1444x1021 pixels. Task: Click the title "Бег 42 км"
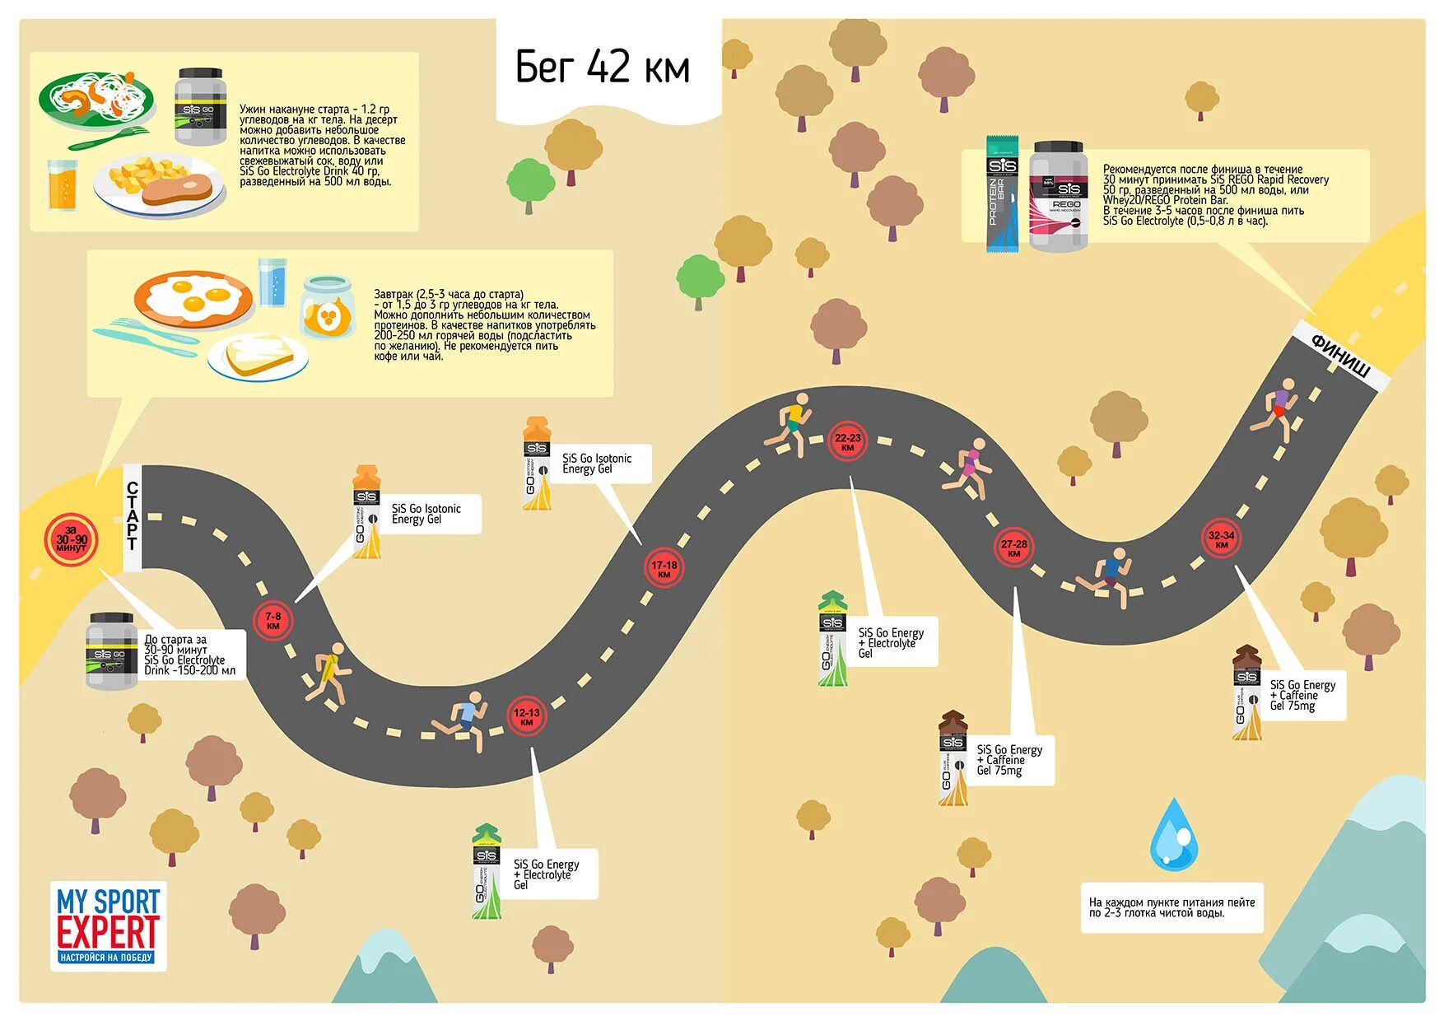point(602,67)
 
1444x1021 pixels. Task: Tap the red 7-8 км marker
point(272,620)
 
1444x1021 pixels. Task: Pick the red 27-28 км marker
point(1013,548)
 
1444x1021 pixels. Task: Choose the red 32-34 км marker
point(1221,538)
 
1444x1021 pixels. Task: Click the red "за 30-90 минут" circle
point(72,540)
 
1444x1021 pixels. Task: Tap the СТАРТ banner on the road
point(133,517)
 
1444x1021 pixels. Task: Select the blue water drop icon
point(1173,835)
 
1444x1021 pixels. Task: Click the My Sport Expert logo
point(108,925)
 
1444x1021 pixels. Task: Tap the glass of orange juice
point(62,184)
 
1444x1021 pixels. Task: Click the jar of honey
point(328,307)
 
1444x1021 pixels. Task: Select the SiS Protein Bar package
point(1002,193)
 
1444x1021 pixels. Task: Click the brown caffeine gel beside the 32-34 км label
point(1246,692)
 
